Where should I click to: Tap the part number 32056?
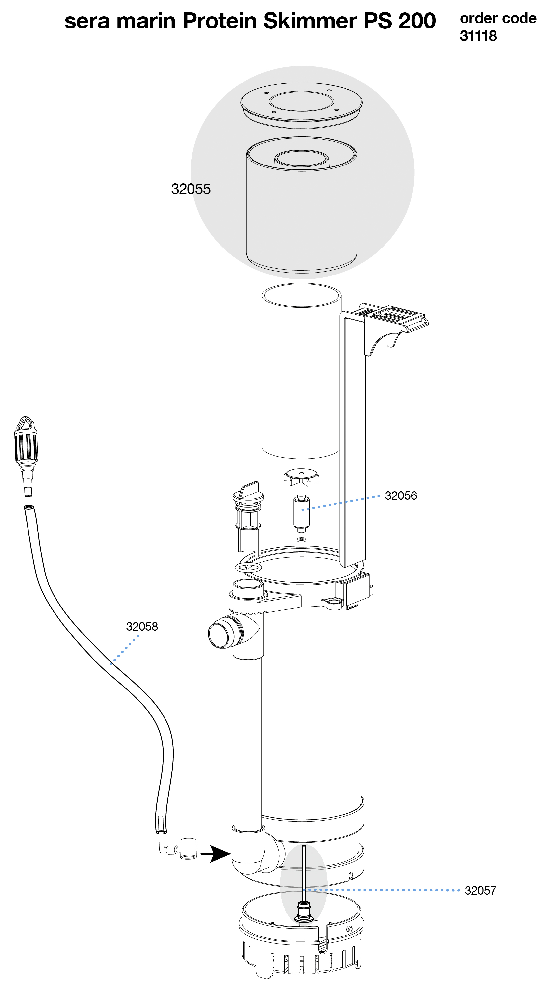[401, 495]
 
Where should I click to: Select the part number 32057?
[480, 890]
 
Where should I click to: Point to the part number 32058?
[142, 626]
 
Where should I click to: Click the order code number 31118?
[478, 36]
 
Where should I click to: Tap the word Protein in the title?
[220, 21]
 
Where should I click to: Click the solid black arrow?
[215, 854]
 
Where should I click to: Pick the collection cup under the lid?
[301, 203]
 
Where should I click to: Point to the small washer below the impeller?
[301, 539]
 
